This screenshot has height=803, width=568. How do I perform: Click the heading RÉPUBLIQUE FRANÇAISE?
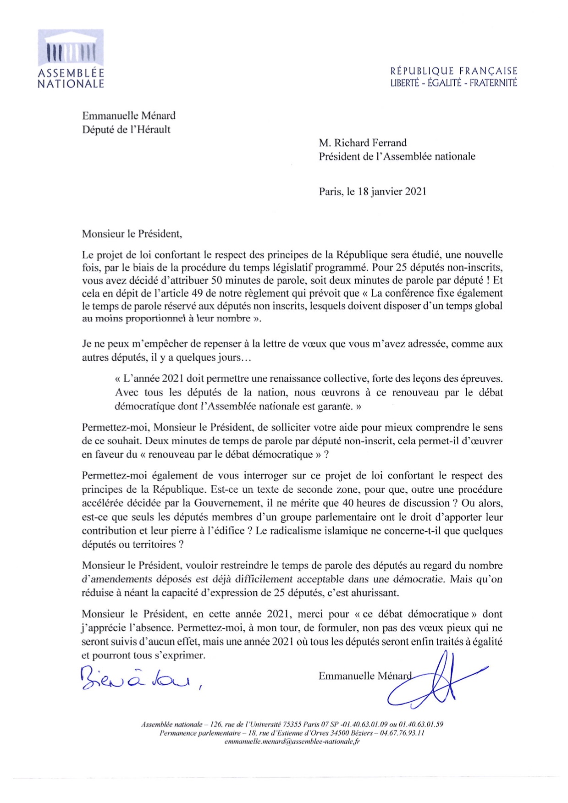point(453,71)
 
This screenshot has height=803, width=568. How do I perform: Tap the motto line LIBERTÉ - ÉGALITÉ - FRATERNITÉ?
point(453,83)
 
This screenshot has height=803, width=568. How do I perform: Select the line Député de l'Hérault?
point(126,129)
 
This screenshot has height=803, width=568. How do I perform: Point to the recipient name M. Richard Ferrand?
point(363,143)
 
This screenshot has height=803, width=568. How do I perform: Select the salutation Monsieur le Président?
point(132,234)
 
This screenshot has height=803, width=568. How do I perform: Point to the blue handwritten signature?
point(436,680)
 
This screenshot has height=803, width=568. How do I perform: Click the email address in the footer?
point(292,742)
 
